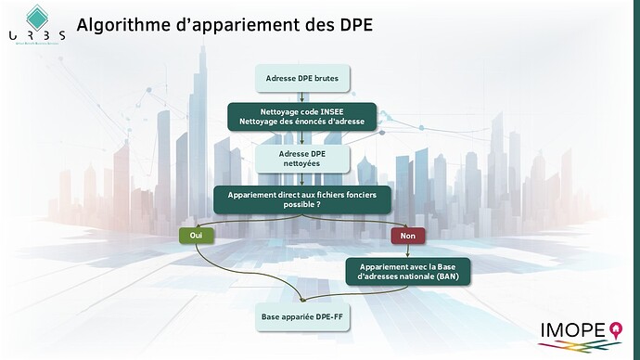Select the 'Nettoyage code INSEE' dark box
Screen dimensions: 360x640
[302, 117]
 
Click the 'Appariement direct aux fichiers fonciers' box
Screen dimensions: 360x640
[302, 199]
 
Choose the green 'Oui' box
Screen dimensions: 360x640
[196, 236]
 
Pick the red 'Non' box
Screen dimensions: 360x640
[408, 236]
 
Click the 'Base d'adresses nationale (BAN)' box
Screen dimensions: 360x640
[408, 270]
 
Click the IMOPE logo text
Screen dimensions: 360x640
[572, 329]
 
